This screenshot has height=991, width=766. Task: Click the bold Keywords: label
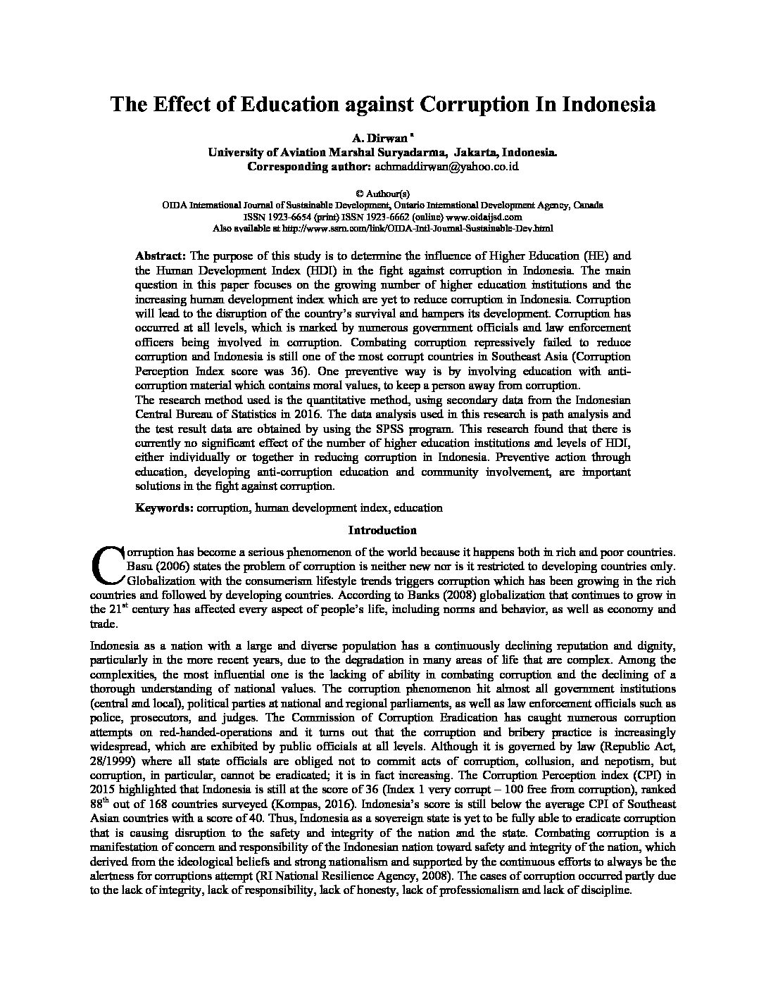(165, 507)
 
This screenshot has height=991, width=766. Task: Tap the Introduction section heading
(382, 530)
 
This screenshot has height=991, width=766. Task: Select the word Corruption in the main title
(475, 105)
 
